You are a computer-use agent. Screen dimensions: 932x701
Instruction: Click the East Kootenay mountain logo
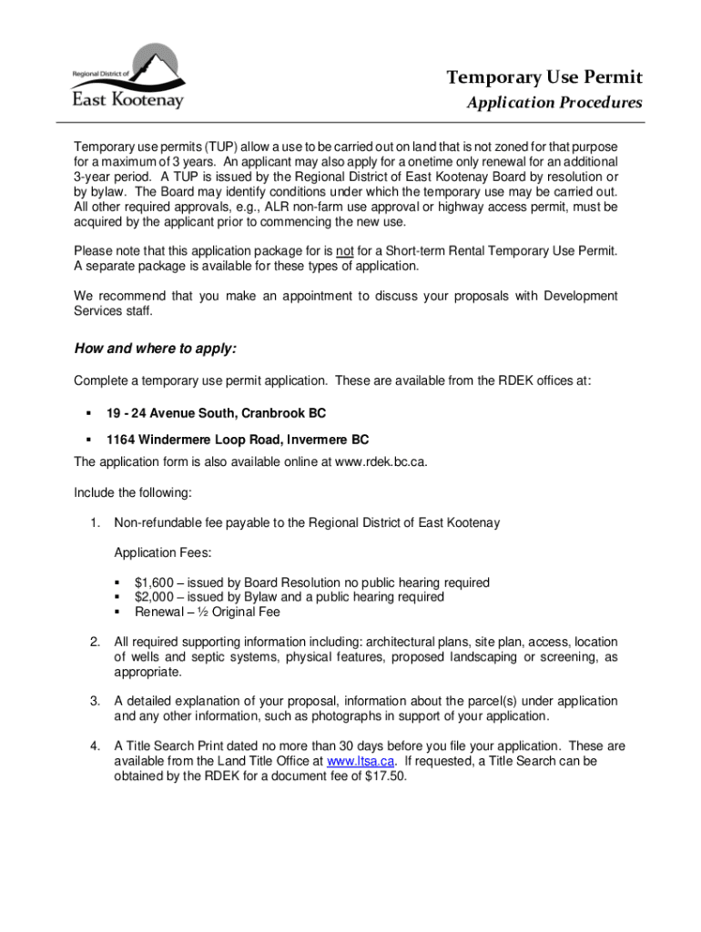click(x=127, y=76)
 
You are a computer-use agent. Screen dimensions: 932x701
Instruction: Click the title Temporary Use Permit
click(x=544, y=76)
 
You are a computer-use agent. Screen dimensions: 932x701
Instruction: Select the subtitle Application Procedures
click(x=554, y=103)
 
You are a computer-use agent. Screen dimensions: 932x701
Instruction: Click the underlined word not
click(x=344, y=250)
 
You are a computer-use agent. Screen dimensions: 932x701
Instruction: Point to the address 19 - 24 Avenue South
click(x=216, y=413)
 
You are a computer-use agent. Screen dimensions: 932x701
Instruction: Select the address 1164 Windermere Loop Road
click(x=238, y=440)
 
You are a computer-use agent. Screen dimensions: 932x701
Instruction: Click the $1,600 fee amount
click(x=153, y=582)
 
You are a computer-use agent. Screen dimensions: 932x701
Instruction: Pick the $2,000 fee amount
click(x=153, y=597)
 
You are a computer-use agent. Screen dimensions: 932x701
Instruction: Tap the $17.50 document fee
click(x=386, y=776)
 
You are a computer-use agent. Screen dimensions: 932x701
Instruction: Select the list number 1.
click(x=95, y=523)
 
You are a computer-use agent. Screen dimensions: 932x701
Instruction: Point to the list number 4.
click(x=95, y=746)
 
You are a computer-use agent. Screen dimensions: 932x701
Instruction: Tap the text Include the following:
click(x=133, y=492)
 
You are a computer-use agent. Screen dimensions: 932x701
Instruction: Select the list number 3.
click(x=95, y=702)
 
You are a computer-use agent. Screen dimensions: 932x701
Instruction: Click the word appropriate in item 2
click(x=147, y=673)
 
